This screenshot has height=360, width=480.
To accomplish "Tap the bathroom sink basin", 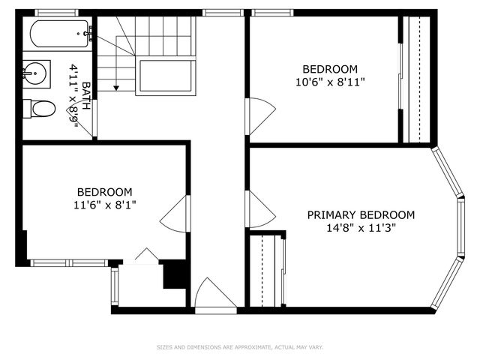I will point(36,73).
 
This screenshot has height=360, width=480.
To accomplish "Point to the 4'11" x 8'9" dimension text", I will point(74,96).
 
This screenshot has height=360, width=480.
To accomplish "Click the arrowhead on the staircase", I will point(116,87).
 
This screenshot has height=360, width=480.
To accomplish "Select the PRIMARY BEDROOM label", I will point(361,215).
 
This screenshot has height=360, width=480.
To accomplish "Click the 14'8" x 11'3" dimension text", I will point(361,229).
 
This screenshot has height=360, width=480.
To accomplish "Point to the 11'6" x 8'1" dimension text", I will point(104,204).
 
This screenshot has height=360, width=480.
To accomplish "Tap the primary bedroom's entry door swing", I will point(260,209).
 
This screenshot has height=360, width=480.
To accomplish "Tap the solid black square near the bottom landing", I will point(175,274).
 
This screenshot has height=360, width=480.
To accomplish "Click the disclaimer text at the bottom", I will point(240,347).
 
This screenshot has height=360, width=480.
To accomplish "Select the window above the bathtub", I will point(57,12).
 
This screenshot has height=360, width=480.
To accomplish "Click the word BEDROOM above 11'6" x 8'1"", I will point(104,191).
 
